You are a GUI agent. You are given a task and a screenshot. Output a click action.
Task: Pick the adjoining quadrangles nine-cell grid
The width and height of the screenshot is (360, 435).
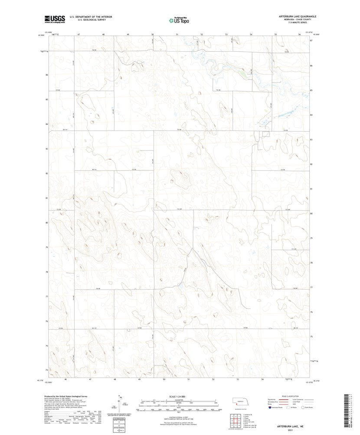(x=234, y=420)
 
